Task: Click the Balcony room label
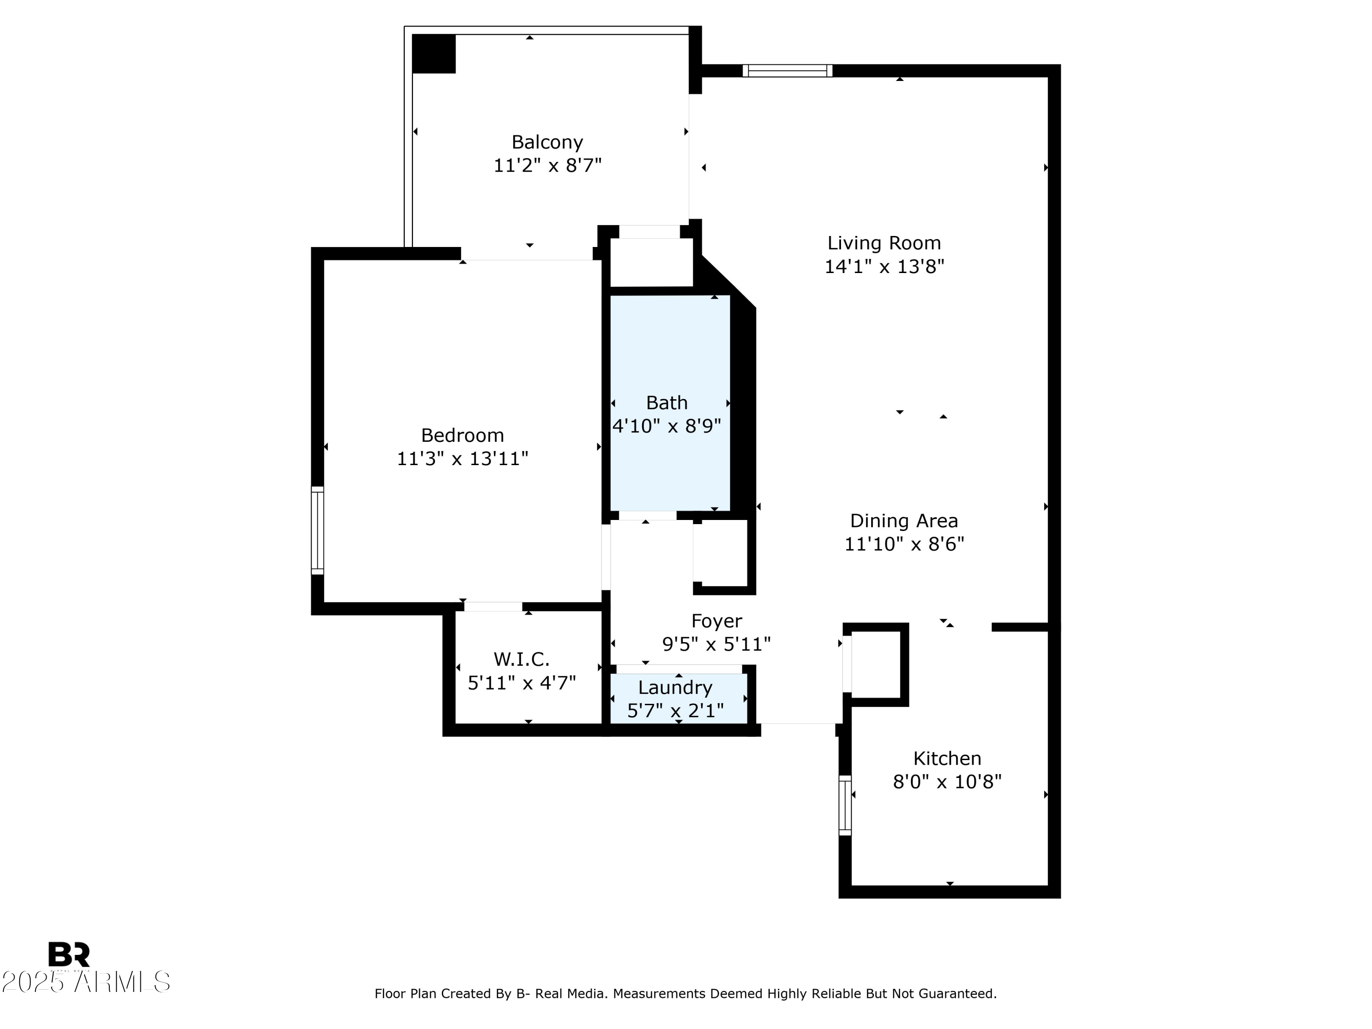[x=547, y=143]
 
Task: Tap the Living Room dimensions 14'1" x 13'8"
[x=884, y=267]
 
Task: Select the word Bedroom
[x=462, y=435]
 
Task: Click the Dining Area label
[x=904, y=521]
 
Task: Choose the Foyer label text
[x=716, y=621]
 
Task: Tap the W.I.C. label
[x=522, y=659]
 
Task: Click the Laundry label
[x=675, y=688]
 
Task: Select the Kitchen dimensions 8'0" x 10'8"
[x=947, y=782]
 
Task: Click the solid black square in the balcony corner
[x=434, y=54]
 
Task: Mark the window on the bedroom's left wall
[x=317, y=531]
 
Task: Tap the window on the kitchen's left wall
[x=845, y=805]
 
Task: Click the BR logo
[x=69, y=954]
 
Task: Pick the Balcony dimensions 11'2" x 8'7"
[x=547, y=166]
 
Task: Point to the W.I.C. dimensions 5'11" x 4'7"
[x=522, y=683]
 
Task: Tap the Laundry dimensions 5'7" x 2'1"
[x=675, y=711]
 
